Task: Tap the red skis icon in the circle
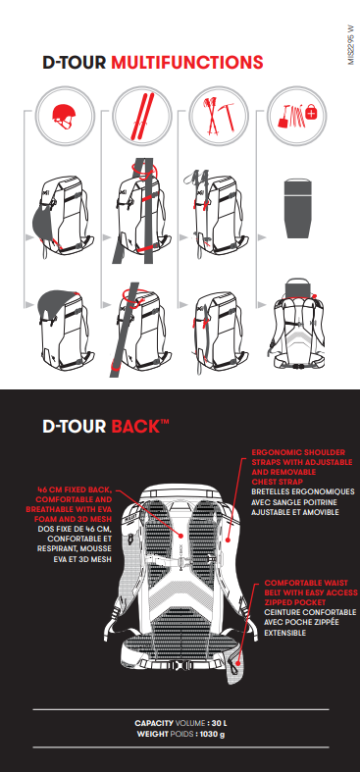tap(142, 116)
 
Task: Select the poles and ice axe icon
tap(219, 116)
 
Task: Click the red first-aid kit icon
tap(312, 114)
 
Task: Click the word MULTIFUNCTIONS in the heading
tap(187, 63)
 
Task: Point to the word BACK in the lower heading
tap(135, 427)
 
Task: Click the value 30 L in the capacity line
tap(219, 723)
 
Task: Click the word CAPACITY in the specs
tap(154, 723)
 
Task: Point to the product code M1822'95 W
tap(351, 45)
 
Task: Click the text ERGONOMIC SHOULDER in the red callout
tap(298, 452)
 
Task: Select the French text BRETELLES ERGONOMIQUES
tap(303, 491)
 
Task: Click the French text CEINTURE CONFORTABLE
tap(310, 612)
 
